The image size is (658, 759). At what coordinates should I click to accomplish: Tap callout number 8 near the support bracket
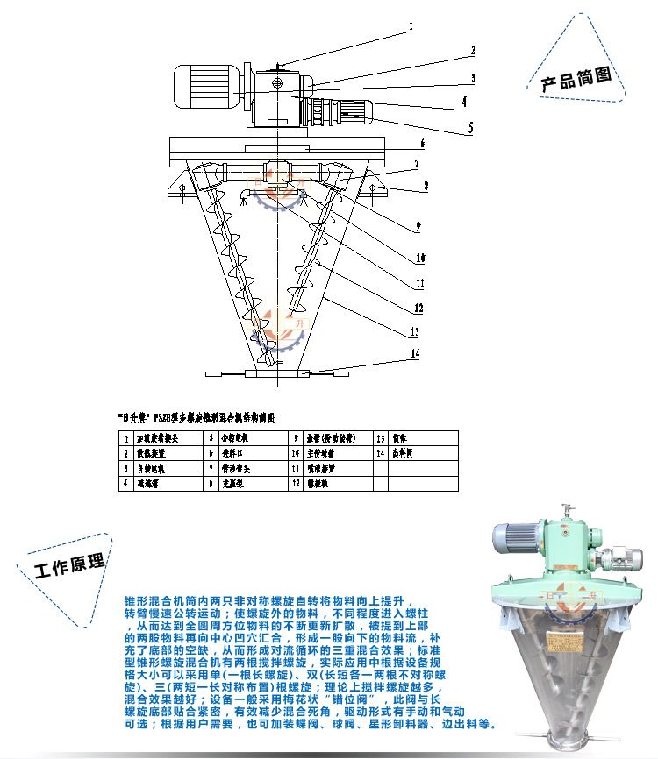pos(426,186)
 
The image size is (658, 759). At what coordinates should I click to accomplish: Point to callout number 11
pos(420,283)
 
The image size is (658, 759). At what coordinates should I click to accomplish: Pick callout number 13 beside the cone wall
pos(416,332)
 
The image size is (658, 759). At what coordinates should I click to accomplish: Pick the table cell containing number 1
pos(126,437)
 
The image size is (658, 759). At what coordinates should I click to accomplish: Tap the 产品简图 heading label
pos(576,82)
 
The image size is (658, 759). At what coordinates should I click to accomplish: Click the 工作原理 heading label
pos(68,568)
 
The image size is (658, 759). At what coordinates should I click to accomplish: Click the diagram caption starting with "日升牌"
pos(197,418)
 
